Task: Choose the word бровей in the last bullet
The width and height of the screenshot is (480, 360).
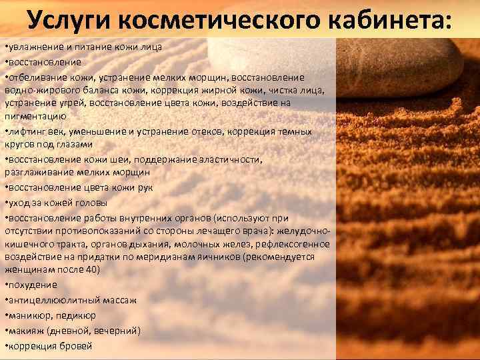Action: click(75, 345)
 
